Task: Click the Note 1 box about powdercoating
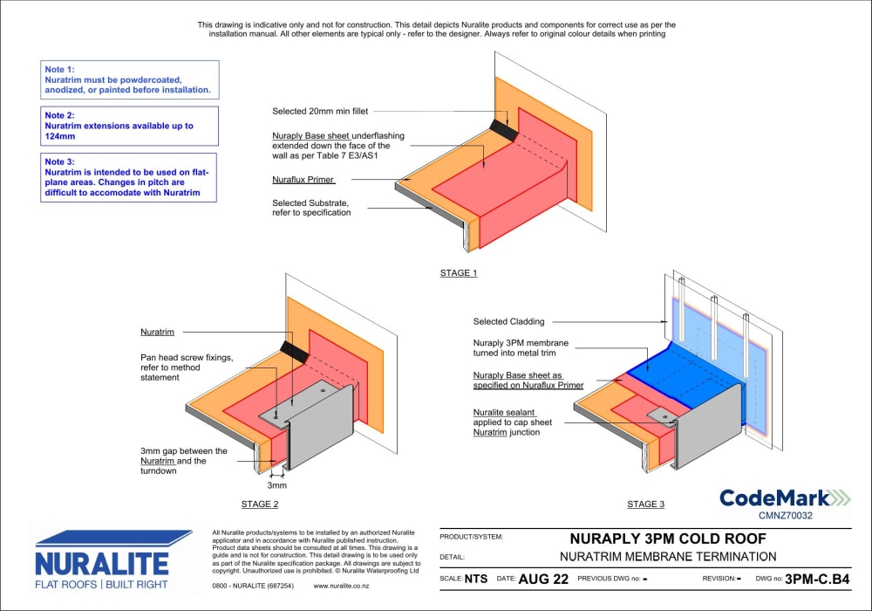tap(129, 79)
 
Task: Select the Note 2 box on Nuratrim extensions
tap(129, 126)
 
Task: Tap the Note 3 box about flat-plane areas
tap(129, 177)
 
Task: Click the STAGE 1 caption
tap(459, 273)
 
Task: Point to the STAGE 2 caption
tap(260, 505)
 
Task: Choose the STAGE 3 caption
tap(645, 505)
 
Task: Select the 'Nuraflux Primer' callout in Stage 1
tap(303, 179)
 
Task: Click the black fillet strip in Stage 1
tap(504, 128)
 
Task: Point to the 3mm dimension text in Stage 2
tap(276, 485)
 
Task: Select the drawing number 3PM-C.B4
tap(816, 579)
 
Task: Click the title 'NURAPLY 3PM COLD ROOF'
tap(668, 538)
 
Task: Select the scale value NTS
tap(476, 579)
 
